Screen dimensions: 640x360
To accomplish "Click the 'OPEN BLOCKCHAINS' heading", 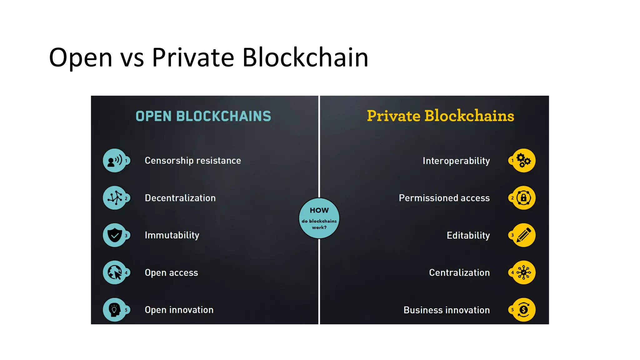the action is coord(203,116).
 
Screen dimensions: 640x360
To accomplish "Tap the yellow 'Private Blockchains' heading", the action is coord(440,116).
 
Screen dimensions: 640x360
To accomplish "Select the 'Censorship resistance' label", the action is coord(193,161).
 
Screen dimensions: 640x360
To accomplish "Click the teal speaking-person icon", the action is coord(115,161).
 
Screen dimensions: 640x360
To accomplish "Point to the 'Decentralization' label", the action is coord(180,198).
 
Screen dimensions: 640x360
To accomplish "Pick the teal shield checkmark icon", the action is coord(115,235).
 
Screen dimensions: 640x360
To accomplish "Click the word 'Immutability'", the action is coord(172,235).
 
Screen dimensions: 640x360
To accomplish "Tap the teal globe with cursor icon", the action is coord(115,272).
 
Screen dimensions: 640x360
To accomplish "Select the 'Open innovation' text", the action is coord(179,310).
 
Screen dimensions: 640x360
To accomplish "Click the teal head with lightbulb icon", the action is coord(115,310).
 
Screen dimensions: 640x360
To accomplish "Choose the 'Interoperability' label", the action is coord(456,161).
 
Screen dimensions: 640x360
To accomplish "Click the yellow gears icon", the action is coord(524,161).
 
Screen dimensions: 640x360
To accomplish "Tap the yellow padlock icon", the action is coord(524,198).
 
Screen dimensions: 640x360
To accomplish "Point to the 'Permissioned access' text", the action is coord(444,198).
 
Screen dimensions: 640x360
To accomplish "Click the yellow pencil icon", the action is coord(524,235).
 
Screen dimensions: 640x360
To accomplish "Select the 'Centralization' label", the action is coord(459,273).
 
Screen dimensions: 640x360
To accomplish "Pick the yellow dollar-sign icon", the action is coord(524,310).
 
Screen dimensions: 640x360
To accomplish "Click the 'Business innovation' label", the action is coord(447,310).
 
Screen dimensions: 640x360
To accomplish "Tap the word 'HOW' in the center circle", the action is coord(319,210).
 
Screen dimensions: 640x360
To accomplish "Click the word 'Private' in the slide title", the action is coord(193,57).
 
